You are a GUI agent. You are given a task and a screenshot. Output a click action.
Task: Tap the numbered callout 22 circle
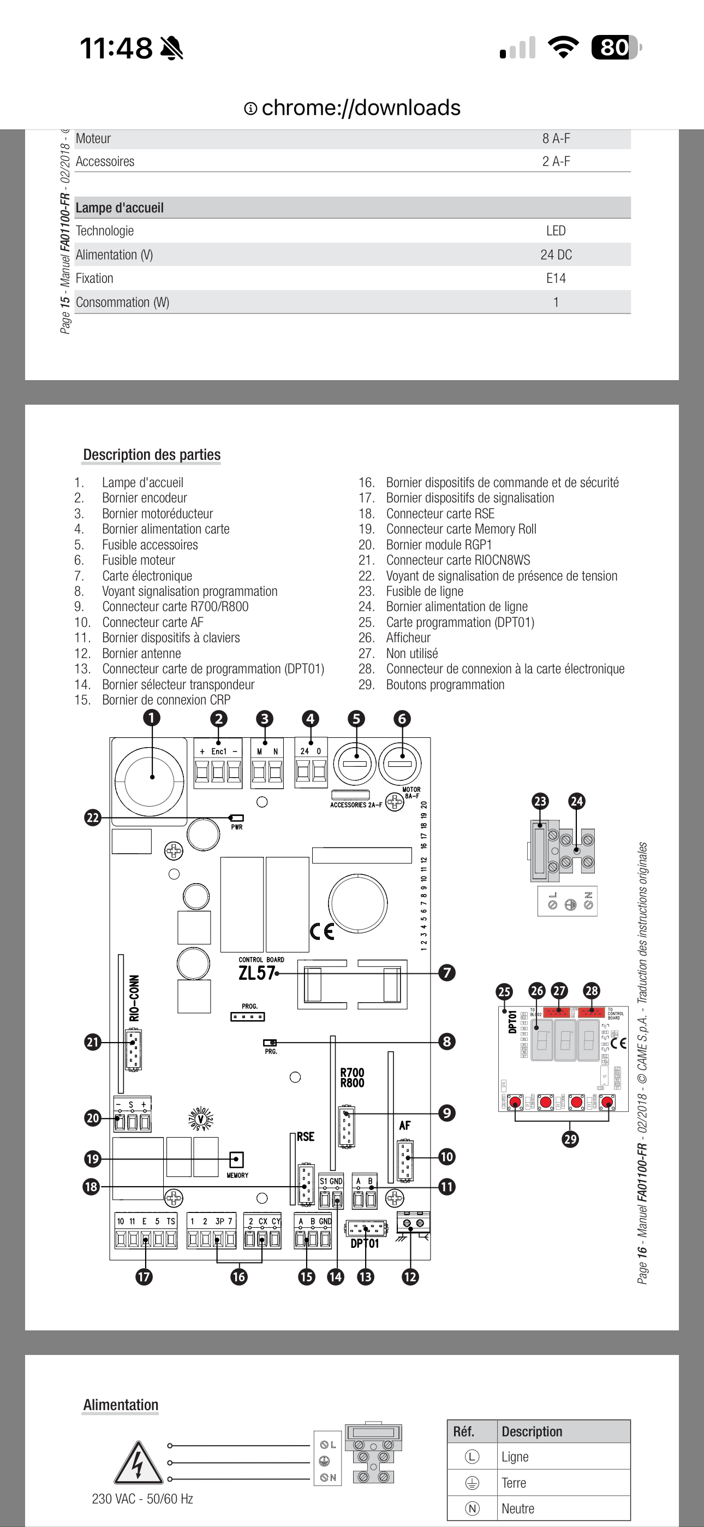(92, 818)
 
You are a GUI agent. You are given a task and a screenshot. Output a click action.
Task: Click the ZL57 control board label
(256, 973)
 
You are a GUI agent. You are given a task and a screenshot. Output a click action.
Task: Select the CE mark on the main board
(322, 931)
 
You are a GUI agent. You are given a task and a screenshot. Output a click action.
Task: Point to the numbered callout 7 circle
(447, 973)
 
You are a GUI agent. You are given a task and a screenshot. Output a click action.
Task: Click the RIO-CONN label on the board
(134, 998)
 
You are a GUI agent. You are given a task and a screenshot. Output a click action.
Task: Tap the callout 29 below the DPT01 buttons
(570, 1139)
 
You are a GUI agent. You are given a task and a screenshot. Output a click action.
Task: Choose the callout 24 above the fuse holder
(577, 801)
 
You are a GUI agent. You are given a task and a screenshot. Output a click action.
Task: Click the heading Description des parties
(152, 455)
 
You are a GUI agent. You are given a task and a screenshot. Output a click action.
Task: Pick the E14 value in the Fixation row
(556, 278)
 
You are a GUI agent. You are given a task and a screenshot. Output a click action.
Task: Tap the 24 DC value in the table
(556, 255)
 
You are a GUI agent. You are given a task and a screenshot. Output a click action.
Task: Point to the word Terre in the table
(514, 1483)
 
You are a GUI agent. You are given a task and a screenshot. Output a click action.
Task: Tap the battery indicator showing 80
(615, 48)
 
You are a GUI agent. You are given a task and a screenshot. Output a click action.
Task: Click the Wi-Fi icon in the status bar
(563, 48)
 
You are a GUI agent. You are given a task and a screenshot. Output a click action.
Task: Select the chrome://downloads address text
(360, 108)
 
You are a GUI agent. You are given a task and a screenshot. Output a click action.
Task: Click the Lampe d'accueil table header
(120, 208)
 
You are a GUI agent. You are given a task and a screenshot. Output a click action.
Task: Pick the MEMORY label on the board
(237, 1175)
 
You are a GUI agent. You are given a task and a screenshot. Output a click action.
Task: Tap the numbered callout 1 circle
(152, 718)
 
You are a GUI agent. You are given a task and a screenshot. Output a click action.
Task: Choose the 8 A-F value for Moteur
(556, 139)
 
